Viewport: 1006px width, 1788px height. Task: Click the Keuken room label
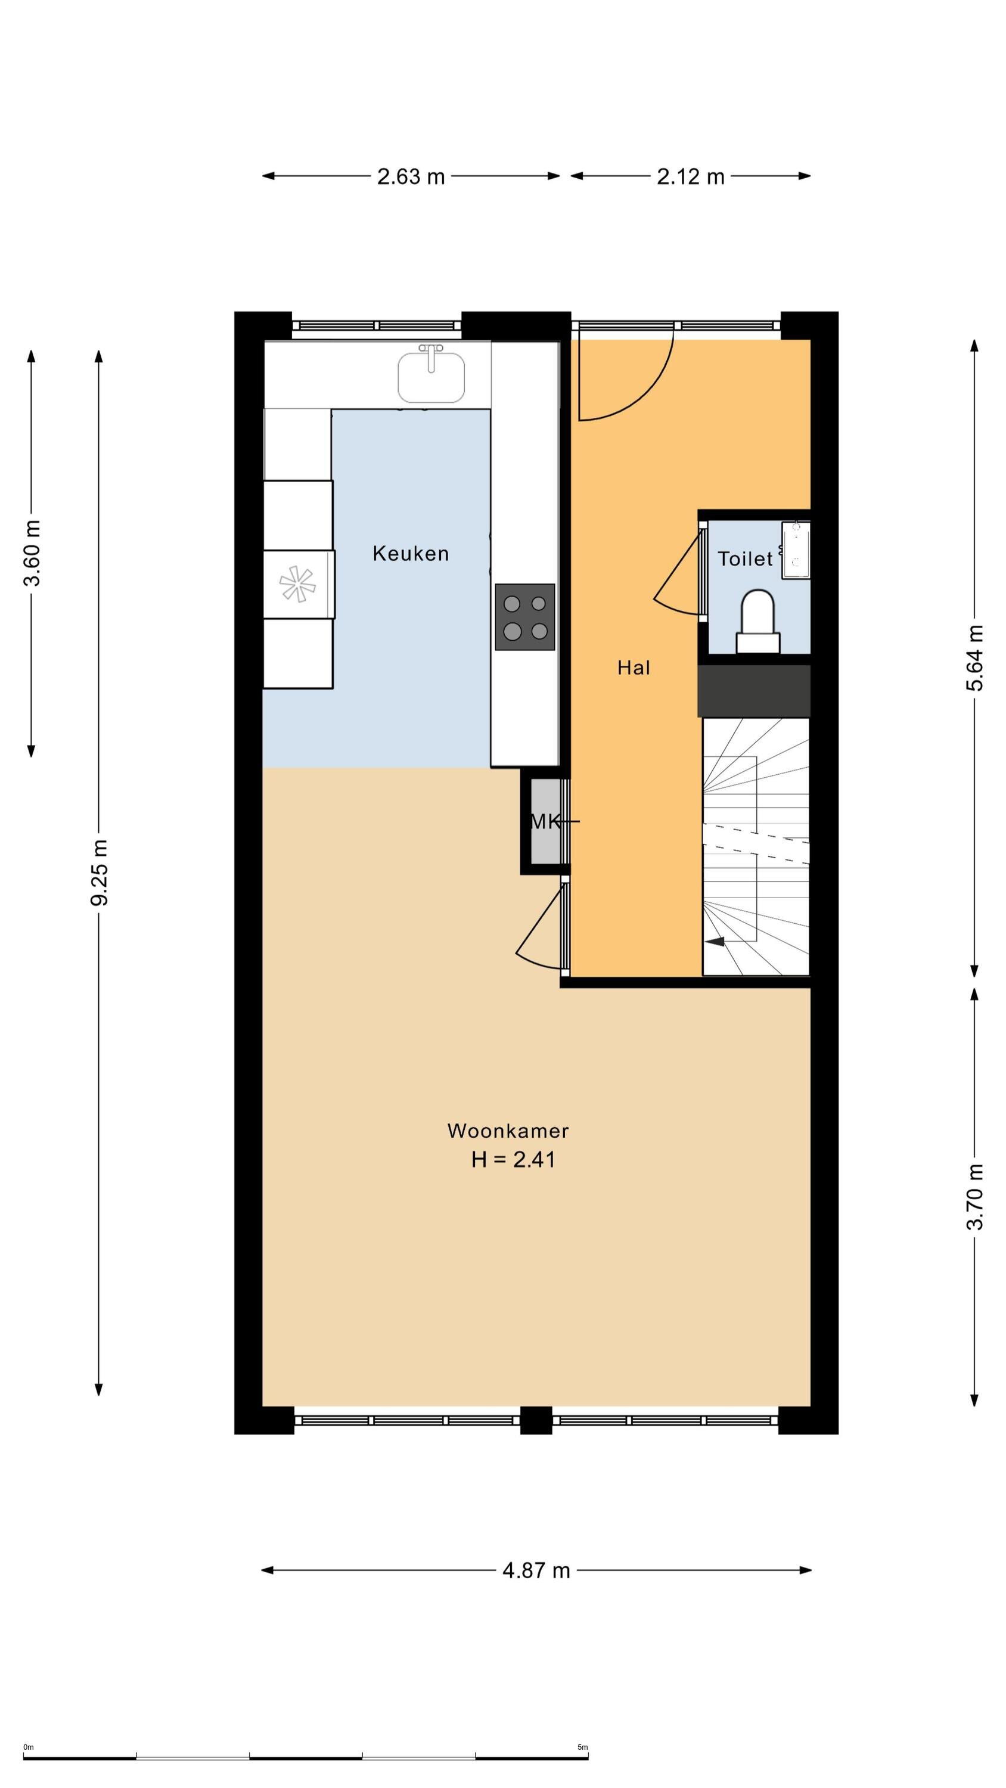[410, 553]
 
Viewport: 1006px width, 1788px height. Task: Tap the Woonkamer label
[508, 1131]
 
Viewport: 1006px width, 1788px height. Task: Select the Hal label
[633, 668]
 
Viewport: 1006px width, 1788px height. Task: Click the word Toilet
[744, 559]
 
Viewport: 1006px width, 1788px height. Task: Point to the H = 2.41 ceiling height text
[513, 1160]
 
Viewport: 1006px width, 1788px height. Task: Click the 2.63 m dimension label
[410, 176]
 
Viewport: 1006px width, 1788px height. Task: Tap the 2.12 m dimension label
[690, 176]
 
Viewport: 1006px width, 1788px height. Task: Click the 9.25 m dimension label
[100, 872]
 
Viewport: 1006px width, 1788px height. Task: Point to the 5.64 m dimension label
[975, 658]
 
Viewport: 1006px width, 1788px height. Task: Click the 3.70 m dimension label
[975, 1197]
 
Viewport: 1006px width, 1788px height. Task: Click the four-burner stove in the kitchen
[525, 617]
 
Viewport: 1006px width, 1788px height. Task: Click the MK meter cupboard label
[545, 822]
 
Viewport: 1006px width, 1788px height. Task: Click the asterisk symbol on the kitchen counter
[297, 583]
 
